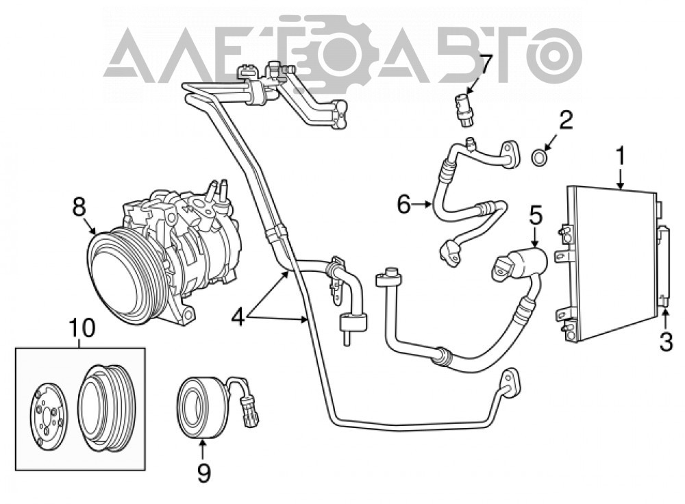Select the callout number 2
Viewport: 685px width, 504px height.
[566, 120]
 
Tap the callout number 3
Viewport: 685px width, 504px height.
[666, 342]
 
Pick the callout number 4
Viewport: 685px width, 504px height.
[238, 317]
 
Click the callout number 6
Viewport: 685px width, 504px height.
[403, 204]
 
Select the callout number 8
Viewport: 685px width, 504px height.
[79, 207]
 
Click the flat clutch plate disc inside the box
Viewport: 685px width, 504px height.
[49, 416]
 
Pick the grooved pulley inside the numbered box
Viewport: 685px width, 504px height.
[107, 407]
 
